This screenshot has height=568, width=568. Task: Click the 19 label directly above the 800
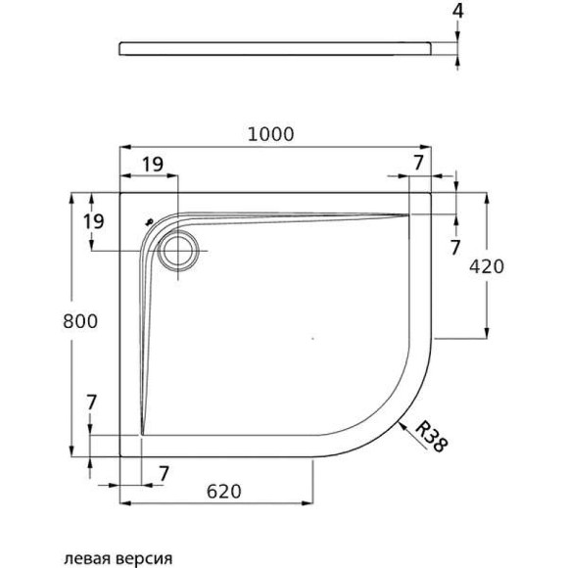click(92, 220)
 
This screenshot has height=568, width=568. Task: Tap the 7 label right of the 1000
click(418, 161)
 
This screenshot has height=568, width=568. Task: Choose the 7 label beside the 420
click(454, 247)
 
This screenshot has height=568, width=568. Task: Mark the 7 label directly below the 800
click(90, 402)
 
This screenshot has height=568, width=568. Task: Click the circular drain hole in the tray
click(177, 250)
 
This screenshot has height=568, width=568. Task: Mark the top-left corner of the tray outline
click(120, 191)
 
